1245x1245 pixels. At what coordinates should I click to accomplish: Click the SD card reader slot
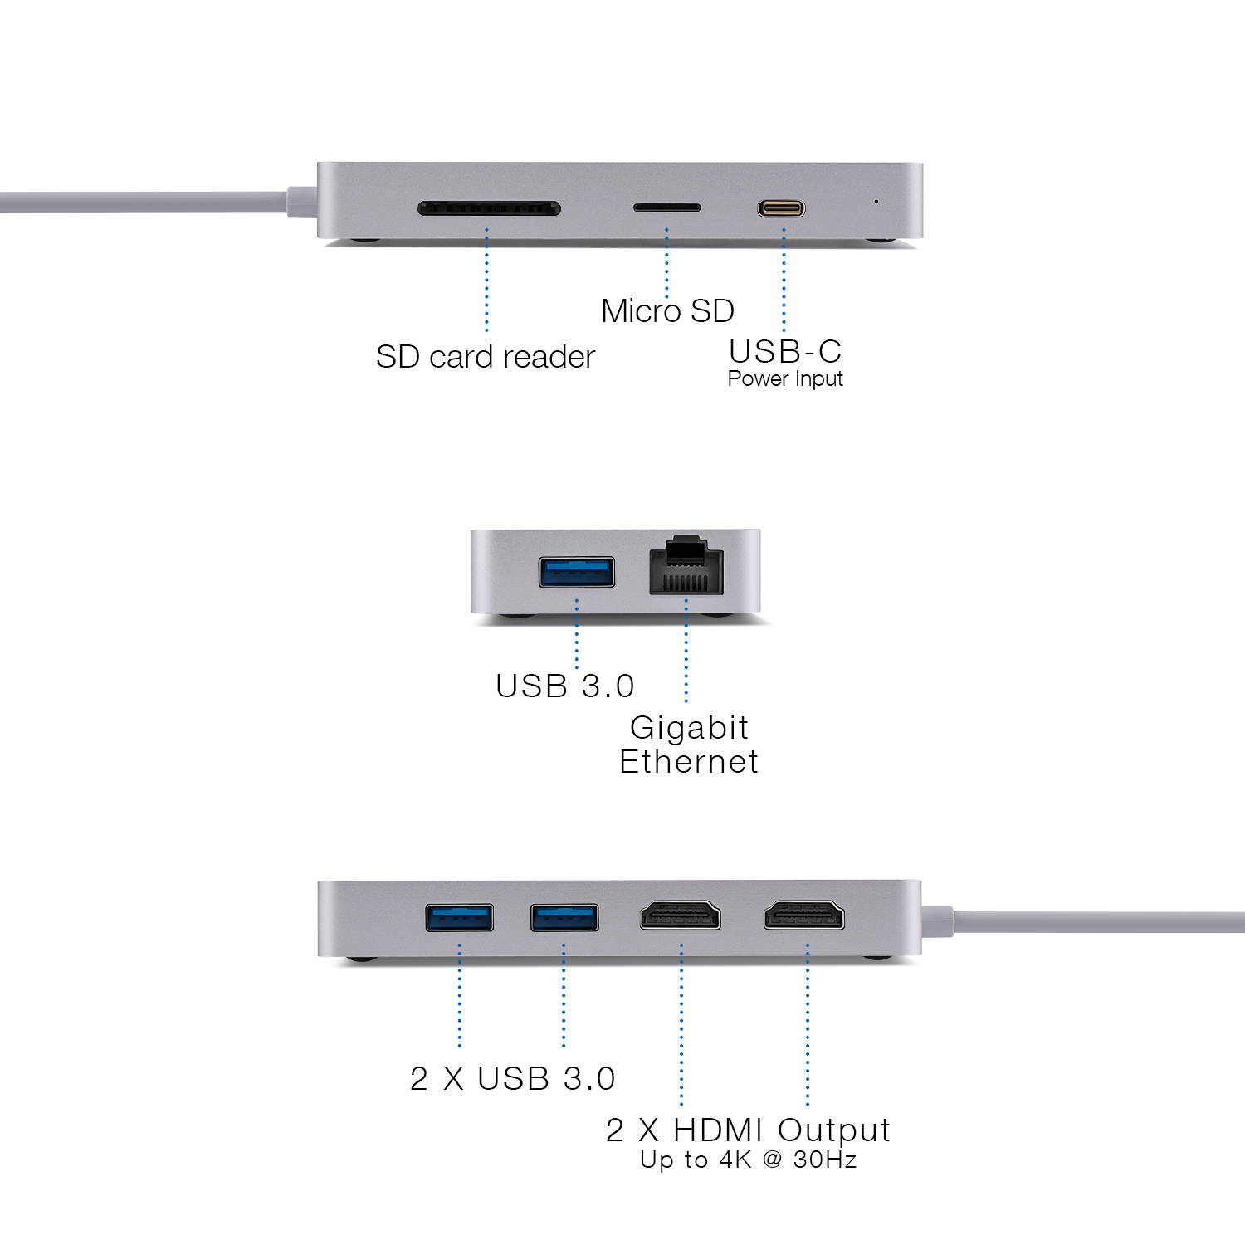point(489,207)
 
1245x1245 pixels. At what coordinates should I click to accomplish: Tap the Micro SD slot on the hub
point(666,207)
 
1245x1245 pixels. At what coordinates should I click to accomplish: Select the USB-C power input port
point(781,207)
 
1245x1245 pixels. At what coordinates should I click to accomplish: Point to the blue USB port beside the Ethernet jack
point(577,572)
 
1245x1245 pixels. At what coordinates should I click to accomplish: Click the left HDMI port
point(681,916)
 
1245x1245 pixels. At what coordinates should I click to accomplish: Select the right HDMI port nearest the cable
point(804,916)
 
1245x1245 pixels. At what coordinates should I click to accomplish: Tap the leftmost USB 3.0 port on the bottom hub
point(459,918)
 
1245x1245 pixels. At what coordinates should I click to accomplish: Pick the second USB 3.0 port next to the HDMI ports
point(564,918)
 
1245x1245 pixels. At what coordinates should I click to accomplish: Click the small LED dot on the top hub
point(876,201)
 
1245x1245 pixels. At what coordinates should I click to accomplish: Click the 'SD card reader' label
point(486,357)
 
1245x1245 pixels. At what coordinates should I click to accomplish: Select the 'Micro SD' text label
point(667,311)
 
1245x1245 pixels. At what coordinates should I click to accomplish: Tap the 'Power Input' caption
point(785,379)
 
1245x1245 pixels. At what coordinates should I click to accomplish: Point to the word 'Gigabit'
point(689,728)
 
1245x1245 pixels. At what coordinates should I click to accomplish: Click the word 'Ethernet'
point(689,762)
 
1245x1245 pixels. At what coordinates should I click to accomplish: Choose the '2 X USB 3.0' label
point(513,1078)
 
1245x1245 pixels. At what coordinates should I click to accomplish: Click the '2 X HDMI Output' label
point(748,1130)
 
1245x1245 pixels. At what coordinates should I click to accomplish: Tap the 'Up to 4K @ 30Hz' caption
point(748,1160)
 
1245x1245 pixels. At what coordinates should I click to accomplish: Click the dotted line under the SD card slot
point(486,282)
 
